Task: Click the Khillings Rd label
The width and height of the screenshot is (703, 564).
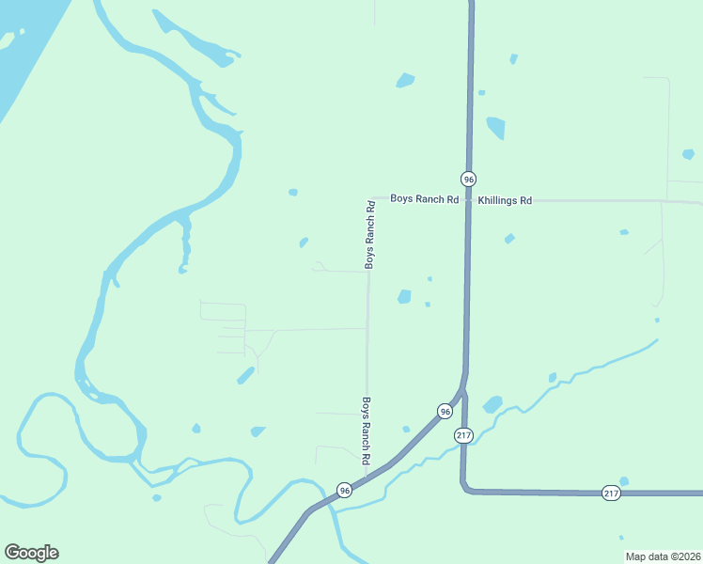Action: point(505,200)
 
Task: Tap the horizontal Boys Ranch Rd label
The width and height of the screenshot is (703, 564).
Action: point(425,199)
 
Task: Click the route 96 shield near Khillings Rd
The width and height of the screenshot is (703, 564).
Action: point(468,179)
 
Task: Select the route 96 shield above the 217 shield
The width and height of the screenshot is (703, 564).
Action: point(445,412)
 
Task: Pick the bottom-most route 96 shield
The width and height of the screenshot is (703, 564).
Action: point(345,491)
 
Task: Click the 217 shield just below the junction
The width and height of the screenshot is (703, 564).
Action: point(463,435)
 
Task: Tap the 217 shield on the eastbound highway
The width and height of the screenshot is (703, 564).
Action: point(611,493)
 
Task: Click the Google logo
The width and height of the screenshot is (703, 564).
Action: point(31,553)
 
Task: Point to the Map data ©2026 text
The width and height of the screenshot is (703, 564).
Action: point(662,556)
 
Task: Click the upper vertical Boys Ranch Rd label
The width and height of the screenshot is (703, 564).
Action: point(370,234)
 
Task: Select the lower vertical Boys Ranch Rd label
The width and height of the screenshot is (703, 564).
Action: point(367,431)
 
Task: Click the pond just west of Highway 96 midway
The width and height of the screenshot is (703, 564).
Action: point(404,297)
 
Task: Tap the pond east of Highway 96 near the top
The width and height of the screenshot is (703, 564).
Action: point(495,127)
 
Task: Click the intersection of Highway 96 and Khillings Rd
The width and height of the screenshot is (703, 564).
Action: point(468,200)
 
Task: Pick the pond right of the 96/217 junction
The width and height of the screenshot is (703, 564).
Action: point(492,405)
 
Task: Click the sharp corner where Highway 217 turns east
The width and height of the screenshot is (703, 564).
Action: point(465,488)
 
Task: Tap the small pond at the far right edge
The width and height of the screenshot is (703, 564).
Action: point(688,154)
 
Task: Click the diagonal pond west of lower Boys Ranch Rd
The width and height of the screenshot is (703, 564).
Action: point(245,376)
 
